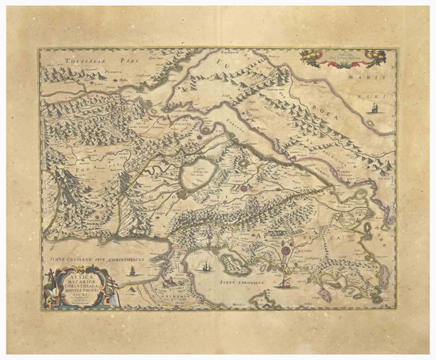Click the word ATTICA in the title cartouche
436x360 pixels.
tap(75, 274)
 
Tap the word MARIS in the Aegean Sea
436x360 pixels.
tap(375, 74)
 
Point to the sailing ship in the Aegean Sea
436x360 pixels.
tap(375, 109)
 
